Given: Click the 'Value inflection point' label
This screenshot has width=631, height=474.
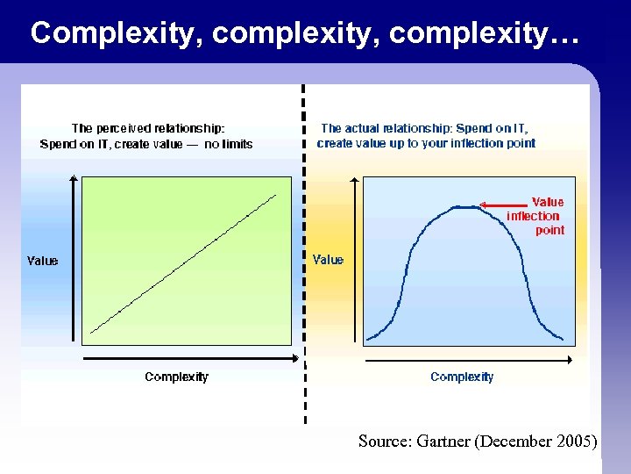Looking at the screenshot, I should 535,216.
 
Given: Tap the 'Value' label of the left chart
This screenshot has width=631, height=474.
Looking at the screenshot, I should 43,261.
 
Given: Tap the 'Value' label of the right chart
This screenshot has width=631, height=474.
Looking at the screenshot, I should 329,260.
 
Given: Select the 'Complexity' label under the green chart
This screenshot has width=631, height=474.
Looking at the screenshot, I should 176,377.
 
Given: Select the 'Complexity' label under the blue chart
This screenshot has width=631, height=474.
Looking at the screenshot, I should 462,377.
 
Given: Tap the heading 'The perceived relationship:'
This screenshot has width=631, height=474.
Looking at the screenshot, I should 148,128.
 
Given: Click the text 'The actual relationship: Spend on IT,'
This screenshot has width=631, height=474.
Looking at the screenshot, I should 430,128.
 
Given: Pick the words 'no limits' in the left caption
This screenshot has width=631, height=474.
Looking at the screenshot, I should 228,144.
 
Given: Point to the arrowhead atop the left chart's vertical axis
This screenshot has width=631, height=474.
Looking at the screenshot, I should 73,179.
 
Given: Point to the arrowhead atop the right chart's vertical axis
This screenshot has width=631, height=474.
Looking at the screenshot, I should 354,180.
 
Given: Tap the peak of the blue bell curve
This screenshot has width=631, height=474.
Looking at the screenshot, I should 464,206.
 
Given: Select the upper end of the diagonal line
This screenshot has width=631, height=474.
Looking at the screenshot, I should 276,195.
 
